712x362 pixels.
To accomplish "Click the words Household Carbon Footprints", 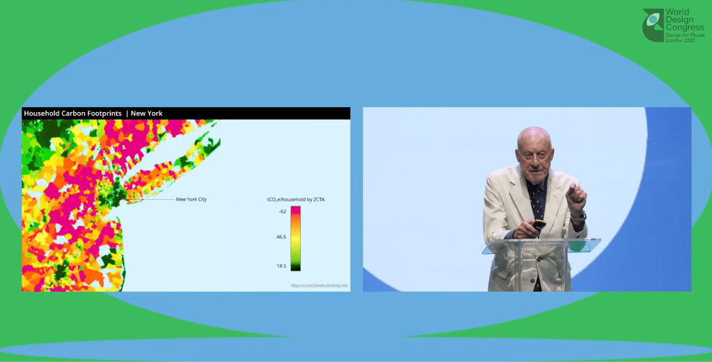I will [x=72, y=113].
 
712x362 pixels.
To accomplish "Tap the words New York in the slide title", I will [x=146, y=113].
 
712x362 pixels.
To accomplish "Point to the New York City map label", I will [x=191, y=199].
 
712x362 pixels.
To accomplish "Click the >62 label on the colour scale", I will [x=282, y=210].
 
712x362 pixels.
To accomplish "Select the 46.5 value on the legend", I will [x=281, y=237].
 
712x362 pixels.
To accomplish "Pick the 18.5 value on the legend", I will [x=281, y=265].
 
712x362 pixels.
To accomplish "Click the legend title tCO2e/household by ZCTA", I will [x=295, y=199].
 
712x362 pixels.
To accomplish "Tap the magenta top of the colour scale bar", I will [x=295, y=210].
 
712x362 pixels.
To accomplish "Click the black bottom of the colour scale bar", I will [x=295, y=267].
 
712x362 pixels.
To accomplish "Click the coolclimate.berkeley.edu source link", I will [x=319, y=285].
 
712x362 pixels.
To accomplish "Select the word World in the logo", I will [x=678, y=13].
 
